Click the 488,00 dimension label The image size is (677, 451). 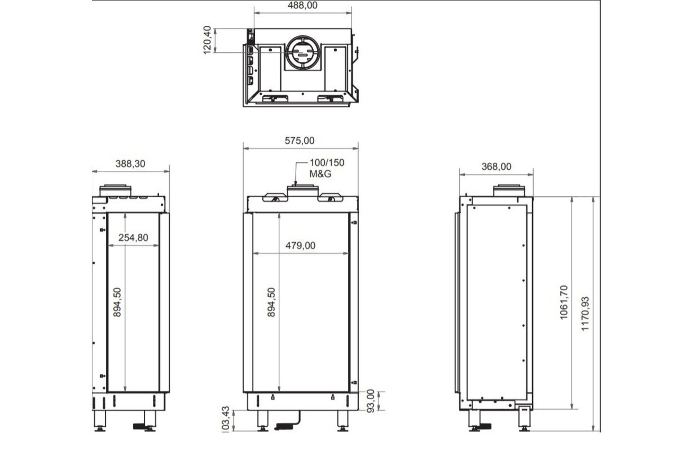click(x=303, y=5)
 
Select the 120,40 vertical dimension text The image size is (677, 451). click(x=207, y=40)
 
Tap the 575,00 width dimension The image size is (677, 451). click(x=299, y=141)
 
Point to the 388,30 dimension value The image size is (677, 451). click(x=130, y=164)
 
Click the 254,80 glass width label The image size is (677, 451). click(x=133, y=238)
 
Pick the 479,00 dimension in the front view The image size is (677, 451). click(x=300, y=245)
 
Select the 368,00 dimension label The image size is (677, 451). click(x=496, y=167)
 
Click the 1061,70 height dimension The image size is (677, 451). click(x=564, y=302)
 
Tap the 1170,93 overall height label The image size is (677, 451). click(x=585, y=314)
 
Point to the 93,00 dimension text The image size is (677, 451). click(x=371, y=401)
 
